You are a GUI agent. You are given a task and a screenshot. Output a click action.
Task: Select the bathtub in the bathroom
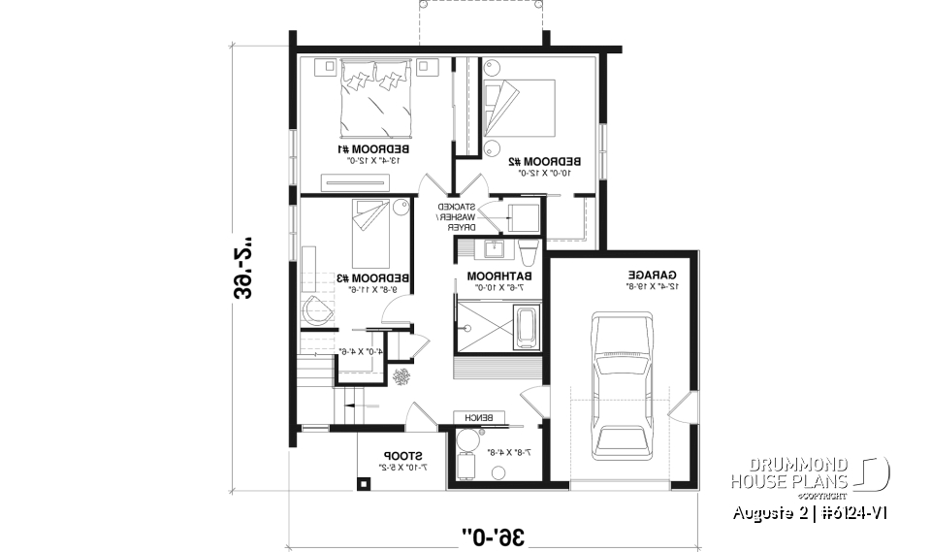527,328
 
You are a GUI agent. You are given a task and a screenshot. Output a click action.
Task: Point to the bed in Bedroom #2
519,108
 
